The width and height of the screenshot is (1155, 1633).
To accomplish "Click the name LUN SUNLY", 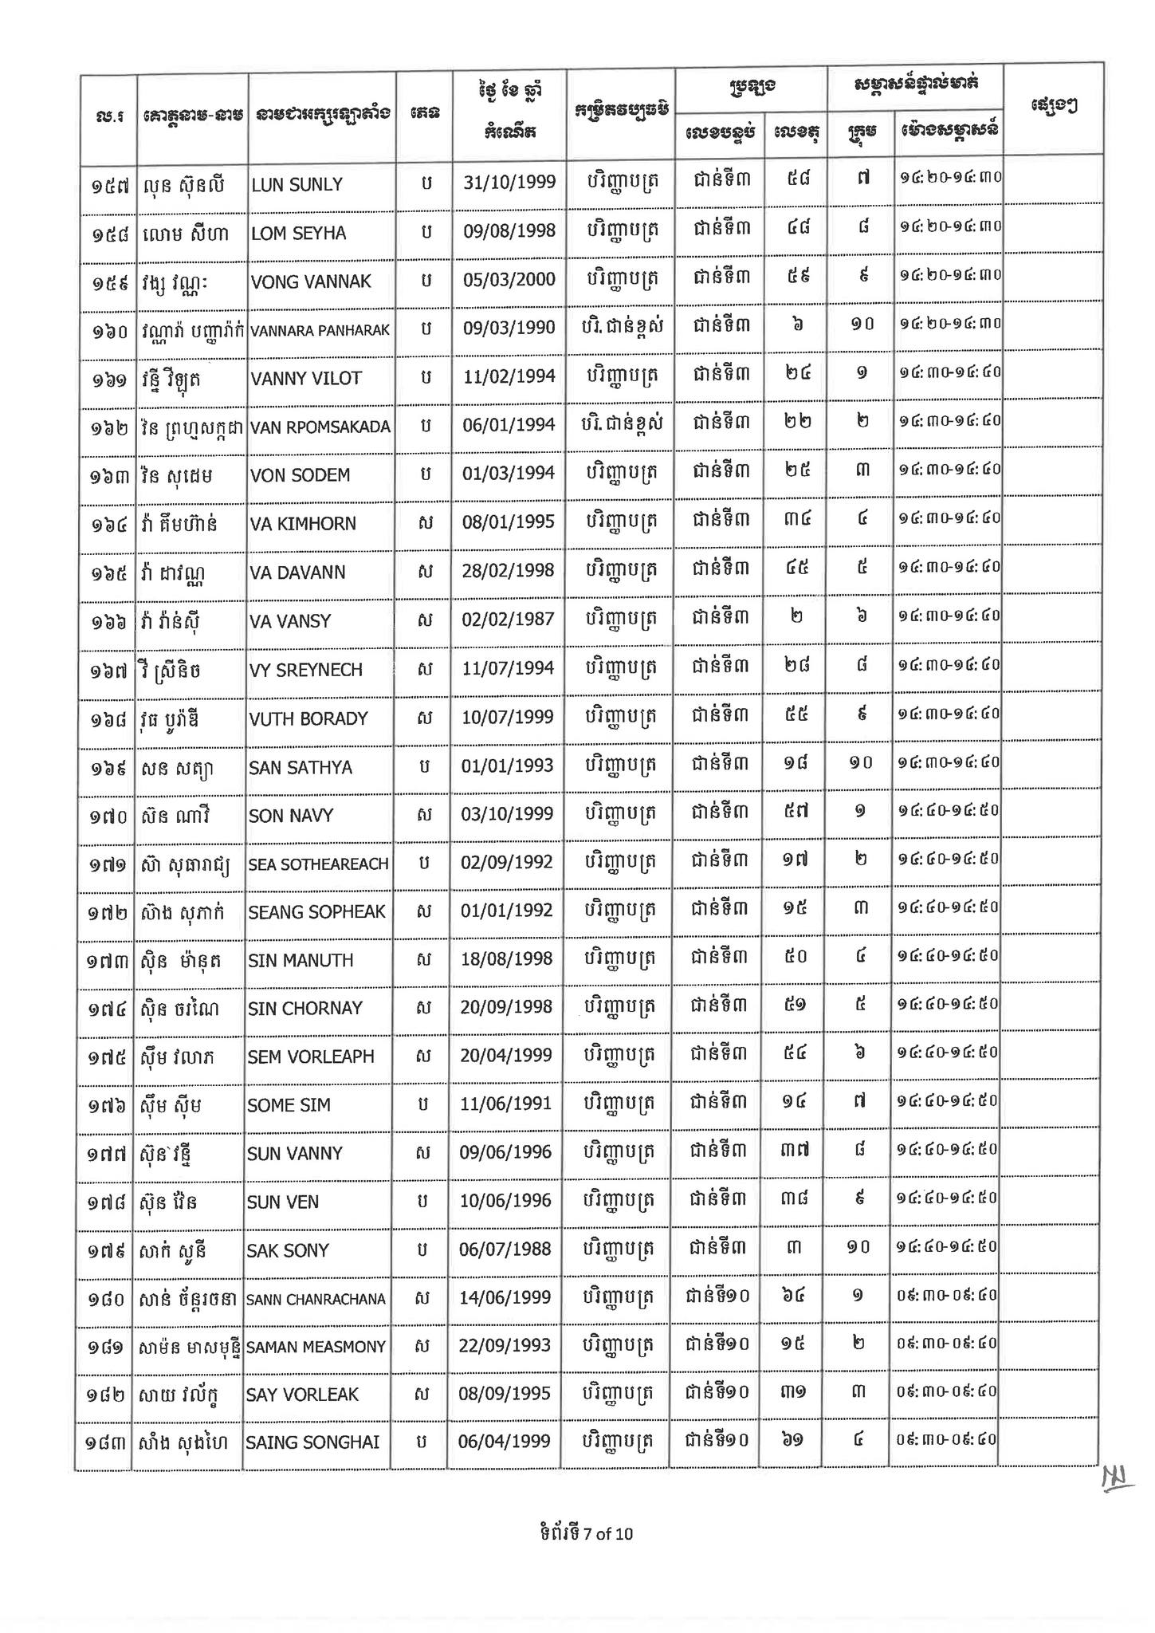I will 297,185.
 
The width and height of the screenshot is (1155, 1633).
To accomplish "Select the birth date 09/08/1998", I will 509,231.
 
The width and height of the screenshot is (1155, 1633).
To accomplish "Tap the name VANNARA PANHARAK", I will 320,330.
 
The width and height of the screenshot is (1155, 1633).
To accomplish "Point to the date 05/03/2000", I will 509,280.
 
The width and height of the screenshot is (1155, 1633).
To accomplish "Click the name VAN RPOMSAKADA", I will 320,427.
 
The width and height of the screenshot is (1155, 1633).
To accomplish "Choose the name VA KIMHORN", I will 303,524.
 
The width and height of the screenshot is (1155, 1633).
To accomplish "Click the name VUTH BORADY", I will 308,718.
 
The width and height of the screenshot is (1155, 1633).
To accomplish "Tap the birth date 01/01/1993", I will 507,766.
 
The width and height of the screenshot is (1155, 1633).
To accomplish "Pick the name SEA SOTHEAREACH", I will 318,864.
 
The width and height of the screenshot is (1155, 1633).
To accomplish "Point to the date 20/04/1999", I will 506,1055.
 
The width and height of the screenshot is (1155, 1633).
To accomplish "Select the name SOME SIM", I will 289,1105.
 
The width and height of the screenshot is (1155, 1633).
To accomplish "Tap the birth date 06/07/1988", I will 505,1249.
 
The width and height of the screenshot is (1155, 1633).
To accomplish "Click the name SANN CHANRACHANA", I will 316,1300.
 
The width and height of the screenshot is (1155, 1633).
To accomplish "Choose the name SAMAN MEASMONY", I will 316,1348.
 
